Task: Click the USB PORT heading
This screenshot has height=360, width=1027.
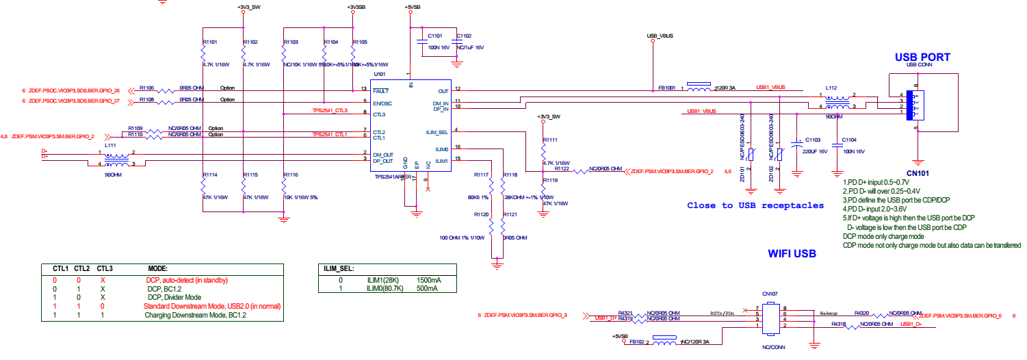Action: [x=922, y=57]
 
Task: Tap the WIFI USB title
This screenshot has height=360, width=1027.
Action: [x=792, y=253]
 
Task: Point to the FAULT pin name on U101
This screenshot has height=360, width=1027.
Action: [x=380, y=90]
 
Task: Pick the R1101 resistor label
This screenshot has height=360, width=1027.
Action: [x=210, y=42]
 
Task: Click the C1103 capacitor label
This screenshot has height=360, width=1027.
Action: [x=813, y=139]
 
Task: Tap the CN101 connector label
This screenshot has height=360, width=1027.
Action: [x=918, y=173]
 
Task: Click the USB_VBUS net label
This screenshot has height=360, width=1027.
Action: [x=660, y=36]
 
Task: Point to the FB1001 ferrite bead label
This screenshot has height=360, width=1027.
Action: [x=667, y=88]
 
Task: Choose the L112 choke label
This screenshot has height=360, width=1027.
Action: [x=831, y=88]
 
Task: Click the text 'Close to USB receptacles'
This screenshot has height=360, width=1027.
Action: [x=755, y=205]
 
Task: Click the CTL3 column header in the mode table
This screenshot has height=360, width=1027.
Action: [x=105, y=268]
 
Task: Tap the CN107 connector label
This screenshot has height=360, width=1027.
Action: [x=770, y=294]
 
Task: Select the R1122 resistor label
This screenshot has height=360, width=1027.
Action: [x=562, y=168]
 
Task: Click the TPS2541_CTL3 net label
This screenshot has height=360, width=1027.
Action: [x=330, y=110]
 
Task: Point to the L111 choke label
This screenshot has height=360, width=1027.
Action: [x=110, y=146]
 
